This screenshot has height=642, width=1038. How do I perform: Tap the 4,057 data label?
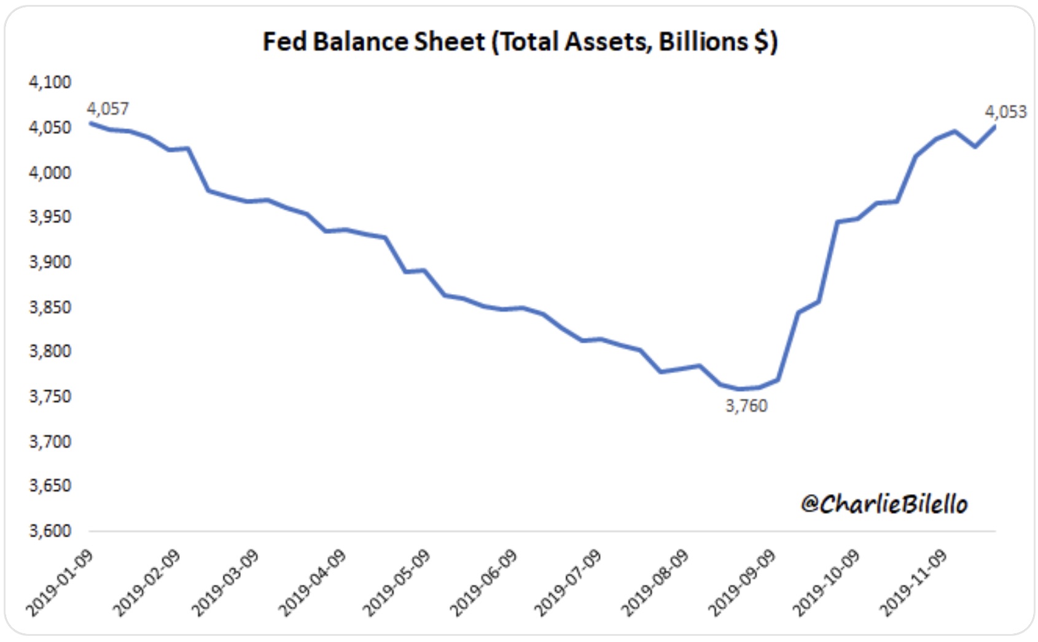[108, 109]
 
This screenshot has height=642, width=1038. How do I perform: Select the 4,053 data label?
[1005, 112]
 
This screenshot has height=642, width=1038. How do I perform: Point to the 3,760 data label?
[746, 406]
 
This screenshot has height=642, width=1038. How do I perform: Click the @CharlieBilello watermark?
[884, 504]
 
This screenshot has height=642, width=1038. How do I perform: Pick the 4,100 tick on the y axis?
[50, 82]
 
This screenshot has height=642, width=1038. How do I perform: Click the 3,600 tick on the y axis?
[50, 530]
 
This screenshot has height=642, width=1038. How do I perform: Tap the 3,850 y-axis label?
[50, 306]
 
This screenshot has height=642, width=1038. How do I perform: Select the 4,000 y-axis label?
[50, 172]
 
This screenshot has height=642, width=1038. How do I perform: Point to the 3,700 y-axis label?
[50, 441]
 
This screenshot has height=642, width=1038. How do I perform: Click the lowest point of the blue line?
[740, 389]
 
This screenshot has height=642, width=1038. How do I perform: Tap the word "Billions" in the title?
[703, 42]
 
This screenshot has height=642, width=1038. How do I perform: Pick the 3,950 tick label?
[50, 217]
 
